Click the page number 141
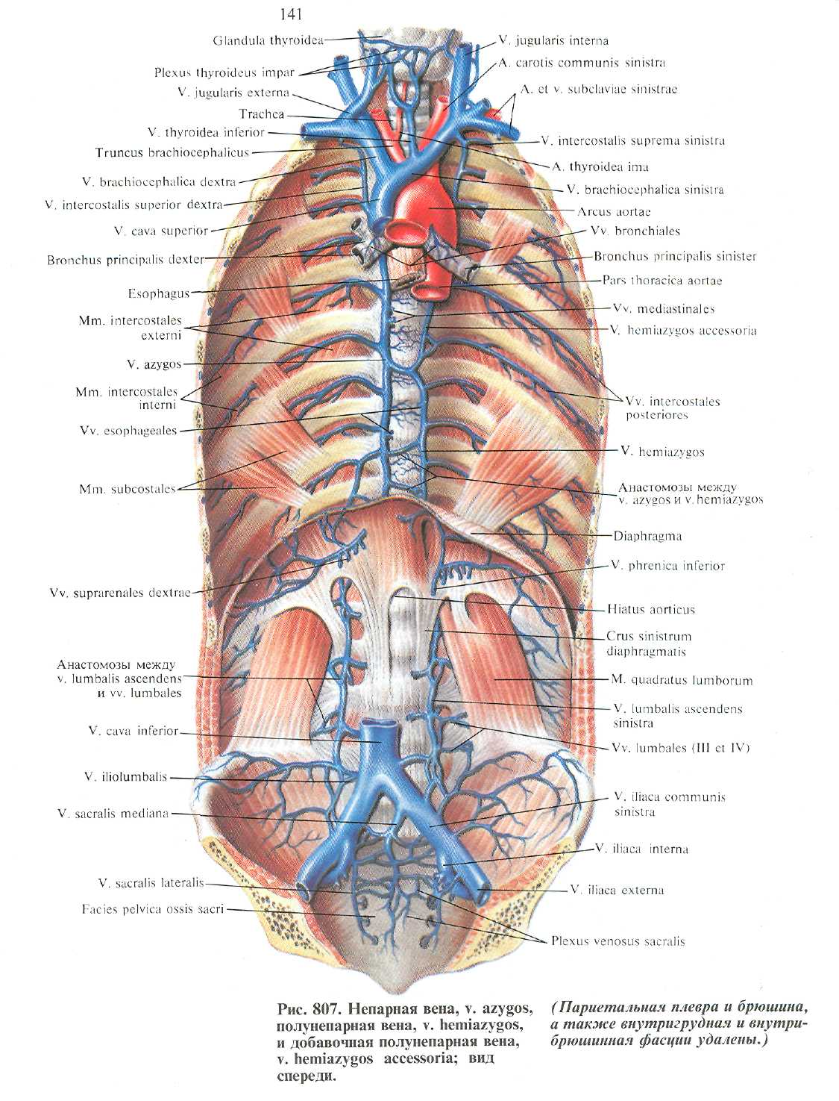pyautogui.click(x=291, y=14)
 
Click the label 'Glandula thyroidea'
pyautogui.click(x=268, y=40)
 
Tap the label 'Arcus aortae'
pyautogui.click(x=614, y=212)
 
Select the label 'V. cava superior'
pyautogui.click(x=161, y=231)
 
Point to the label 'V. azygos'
pyautogui.click(x=154, y=365)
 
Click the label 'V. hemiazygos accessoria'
pyautogui.click(x=683, y=331)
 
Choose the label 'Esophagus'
pyautogui.click(x=159, y=294)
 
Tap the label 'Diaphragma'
pyautogui.click(x=647, y=536)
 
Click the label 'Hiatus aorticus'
pyautogui.click(x=650, y=609)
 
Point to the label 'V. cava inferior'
pyautogui.click(x=133, y=732)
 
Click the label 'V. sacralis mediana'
pyautogui.click(x=113, y=814)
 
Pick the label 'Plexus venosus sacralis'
pyautogui.click(x=618, y=941)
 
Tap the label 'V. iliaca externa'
pyautogui.click(x=617, y=890)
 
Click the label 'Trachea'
pyautogui.click(x=262, y=114)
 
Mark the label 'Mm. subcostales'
pyautogui.click(x=128, y=490)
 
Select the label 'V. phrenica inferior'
pyautogui.click(x=667, y=566)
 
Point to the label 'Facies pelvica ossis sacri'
pyautogui.click(x=153, y=910)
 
